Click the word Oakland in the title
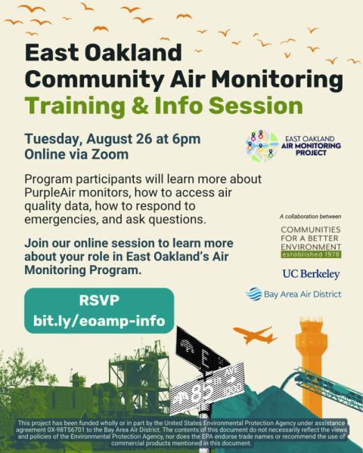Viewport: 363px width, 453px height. (x=133, y=53)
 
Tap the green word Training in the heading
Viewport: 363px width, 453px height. (x=75, y=106)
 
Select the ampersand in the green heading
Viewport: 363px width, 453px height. (x=140, y=105)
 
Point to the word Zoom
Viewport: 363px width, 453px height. (x=110, y=154)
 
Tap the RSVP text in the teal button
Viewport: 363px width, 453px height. (x=99, y=300)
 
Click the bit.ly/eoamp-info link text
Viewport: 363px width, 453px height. (x=99, y=321)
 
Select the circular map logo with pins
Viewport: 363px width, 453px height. (x=262, y=146)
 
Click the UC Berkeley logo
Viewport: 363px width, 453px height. (x=311, y=274)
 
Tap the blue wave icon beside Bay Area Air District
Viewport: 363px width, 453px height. (x=253, y=294)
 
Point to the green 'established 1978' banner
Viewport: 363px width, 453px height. (x=311, y=254)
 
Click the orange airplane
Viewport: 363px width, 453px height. (x=256, y=335)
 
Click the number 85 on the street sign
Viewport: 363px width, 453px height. (x=202, y=391)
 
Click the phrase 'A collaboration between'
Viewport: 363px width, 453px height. (x=310, y=217)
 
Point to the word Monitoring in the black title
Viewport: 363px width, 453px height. (x=278, y=80)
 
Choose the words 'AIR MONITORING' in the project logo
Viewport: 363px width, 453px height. (x=311, y=146)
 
